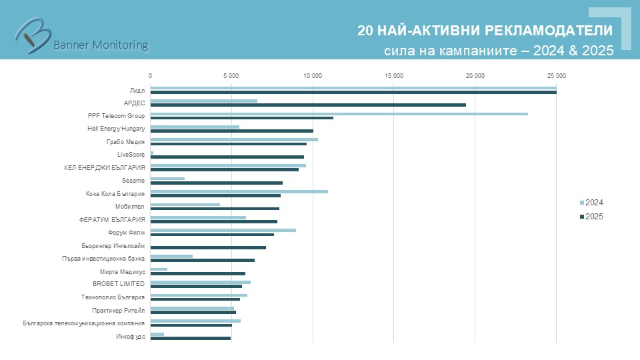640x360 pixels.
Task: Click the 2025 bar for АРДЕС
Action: pos(308,105)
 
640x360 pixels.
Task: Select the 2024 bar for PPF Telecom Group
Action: pos(339,114)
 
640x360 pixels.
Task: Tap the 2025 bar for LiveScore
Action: pos(227,157)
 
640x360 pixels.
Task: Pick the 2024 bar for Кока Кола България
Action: pos(239,191)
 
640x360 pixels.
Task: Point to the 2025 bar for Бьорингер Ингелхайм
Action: pos(208,247)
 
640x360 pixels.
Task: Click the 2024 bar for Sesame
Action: pos(167,179)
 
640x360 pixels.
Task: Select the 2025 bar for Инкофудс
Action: pos(190,338)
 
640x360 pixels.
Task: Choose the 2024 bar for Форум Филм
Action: pos(223,230)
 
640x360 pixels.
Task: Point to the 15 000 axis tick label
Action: pos(393,75)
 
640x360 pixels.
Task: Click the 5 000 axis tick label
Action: pos(231,75)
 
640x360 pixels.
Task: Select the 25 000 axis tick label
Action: pos(556,75)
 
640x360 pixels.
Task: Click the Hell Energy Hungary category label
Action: pos(116,129)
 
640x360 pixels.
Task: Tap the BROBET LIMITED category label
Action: pos(119,284)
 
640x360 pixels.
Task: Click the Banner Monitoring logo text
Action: pos(100,45)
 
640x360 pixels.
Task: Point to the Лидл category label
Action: pos(137,90)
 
